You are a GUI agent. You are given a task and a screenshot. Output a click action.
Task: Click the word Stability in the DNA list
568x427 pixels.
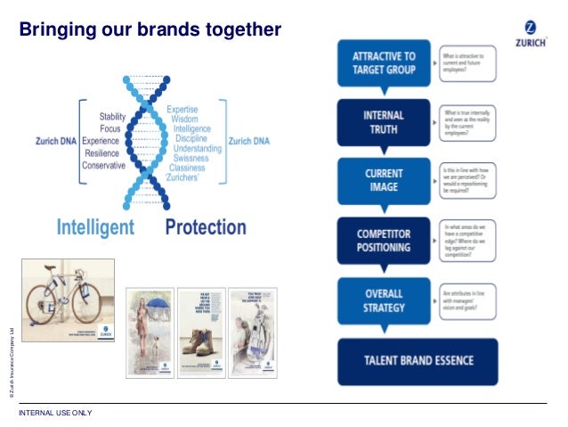(x=112, y=117)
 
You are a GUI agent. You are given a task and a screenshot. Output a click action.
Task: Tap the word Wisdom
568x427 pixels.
(x=184, y=119)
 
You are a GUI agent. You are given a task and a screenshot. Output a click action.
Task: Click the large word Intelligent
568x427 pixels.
(x=95, y=227)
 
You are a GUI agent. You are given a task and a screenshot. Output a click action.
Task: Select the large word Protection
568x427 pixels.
(x=206, y=227)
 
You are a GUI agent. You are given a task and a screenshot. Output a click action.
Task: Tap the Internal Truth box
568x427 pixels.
(x=384, y=121)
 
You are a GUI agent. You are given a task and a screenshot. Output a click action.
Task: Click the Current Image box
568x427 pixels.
(x=384, y=179)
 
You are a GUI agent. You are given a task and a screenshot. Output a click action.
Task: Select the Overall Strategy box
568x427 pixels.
(x=384, y=300)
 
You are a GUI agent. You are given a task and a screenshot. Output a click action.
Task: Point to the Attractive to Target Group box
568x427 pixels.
(x=384, y=63)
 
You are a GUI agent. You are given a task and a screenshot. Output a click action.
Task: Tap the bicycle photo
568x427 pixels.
(x=69, y=300)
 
